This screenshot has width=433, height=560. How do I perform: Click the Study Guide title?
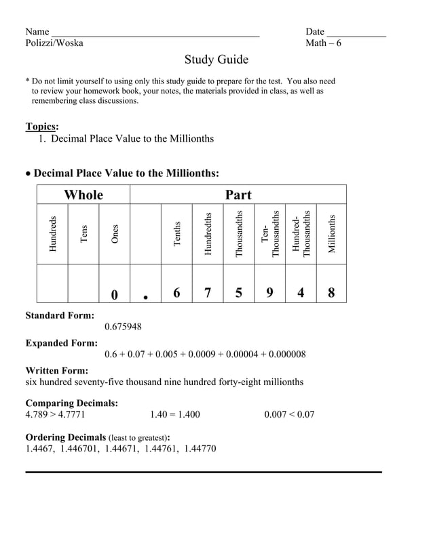216,60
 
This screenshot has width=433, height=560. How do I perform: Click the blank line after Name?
155,34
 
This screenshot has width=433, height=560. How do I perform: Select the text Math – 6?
323,43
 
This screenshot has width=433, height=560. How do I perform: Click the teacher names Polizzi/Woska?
54,43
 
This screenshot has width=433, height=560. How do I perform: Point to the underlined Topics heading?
41,126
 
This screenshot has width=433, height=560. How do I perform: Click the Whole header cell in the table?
83,195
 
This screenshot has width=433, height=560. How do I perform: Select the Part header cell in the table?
238,195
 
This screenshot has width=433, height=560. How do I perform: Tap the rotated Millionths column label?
332,234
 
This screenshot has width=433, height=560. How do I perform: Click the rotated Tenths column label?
177,234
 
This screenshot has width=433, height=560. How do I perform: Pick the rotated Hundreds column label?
53,234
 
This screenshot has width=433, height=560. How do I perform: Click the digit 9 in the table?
270,293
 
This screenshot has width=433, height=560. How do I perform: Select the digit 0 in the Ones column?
114,294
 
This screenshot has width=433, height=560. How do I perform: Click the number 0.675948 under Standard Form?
123,327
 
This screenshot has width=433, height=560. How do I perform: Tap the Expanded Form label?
61,343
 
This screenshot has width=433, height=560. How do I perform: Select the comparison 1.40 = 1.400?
174,414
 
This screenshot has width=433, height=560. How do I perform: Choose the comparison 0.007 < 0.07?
289,414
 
